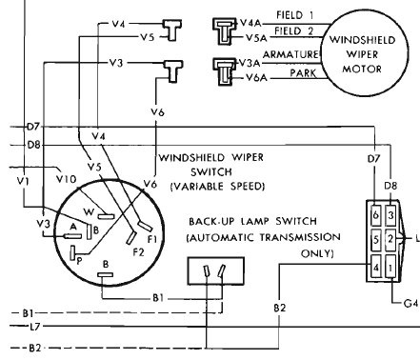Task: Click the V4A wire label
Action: click(x=250, y=23)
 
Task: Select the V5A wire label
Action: click(x=256, y=38)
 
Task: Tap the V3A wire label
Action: click(x=250, y=63)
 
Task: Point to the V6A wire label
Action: click(x=256, y=77)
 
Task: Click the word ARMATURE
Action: click(x=290, y=54)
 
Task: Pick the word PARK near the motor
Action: click(x=303, y=73)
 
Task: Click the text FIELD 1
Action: click(x=295, y=15)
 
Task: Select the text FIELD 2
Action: click(x=294, y=31)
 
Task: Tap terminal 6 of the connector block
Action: click(x=376, y=215)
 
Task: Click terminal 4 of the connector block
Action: click(x=376, y=267)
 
